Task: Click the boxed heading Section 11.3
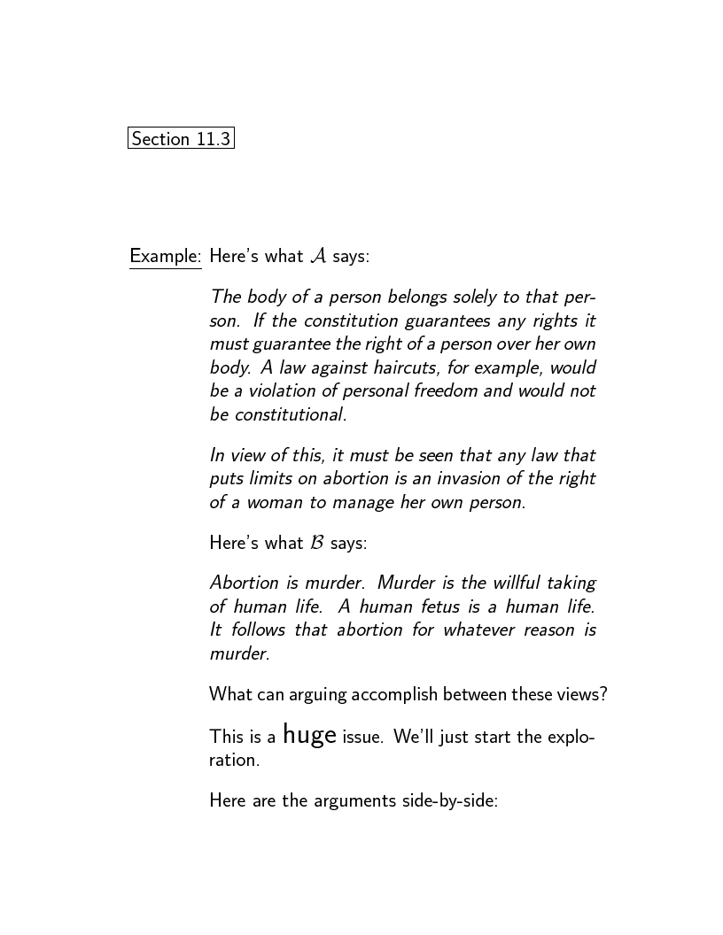[x=181, y=139]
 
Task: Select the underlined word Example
[x=165, y=257]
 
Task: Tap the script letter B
[x=317, y=543]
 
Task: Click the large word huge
[x=309, y=735]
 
